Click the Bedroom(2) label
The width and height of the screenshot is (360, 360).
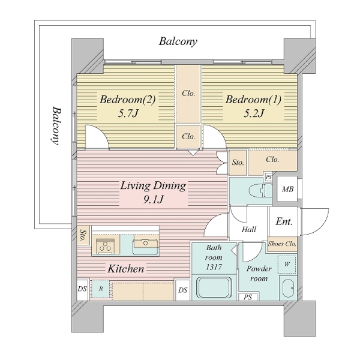point(128,100)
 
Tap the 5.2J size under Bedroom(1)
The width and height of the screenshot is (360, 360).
point(254,113)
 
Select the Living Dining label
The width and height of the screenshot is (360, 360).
point(153,186)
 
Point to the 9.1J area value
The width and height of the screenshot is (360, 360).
point(154,200)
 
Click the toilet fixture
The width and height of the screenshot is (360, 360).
point(260,190)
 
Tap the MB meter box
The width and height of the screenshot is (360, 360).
point(287,189)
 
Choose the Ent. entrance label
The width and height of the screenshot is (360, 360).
point(284,221)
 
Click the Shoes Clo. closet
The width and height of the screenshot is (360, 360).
point(282,244)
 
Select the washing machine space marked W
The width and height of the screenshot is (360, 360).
point(287,264)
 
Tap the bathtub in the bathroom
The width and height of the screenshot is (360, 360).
point(214,287)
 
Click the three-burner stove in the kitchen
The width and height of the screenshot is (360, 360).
point(106,246)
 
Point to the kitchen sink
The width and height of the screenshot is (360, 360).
point(146,244)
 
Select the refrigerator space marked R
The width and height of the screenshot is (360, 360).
point(101,289)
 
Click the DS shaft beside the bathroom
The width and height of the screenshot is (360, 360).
point(183,290)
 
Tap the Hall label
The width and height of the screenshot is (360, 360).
point(249,229)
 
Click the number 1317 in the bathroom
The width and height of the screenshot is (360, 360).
point(214,267)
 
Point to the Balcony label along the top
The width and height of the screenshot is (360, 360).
point(178,41)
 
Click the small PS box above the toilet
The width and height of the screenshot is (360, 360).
point(268,177)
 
